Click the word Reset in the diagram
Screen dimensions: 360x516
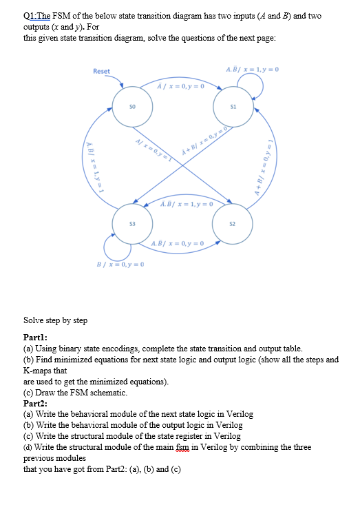pyautogui.click(x=101, y=72)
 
